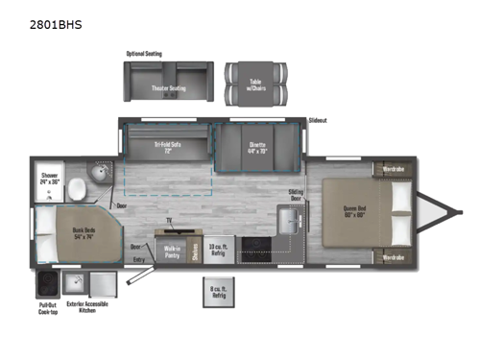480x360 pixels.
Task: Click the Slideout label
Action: click(x=319, y=121)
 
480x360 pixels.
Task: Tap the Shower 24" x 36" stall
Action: click(x=49, y=178)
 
